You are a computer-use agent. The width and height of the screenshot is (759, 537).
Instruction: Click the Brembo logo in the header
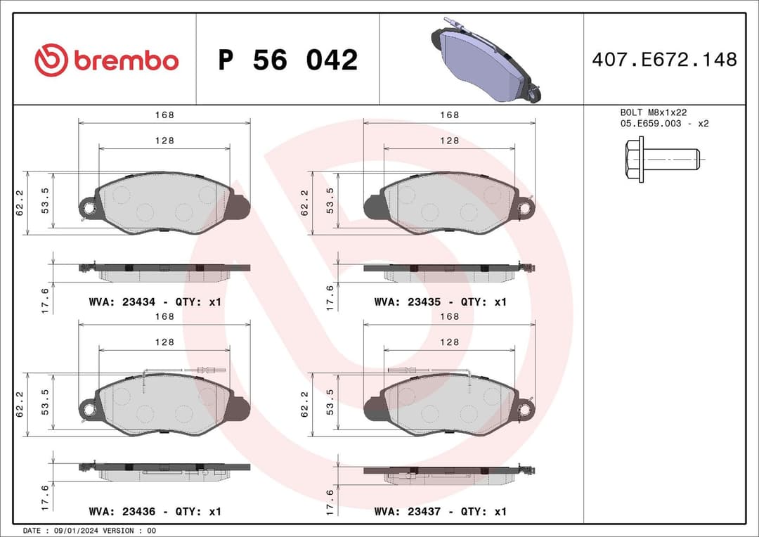(107, 60)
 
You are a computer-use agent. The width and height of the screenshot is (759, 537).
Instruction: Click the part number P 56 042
(287, 60)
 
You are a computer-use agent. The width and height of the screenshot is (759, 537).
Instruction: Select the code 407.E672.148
(664, 60)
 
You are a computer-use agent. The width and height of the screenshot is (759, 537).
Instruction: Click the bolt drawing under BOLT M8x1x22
(661, 160)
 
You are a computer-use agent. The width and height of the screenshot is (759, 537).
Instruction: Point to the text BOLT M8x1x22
(653, 112)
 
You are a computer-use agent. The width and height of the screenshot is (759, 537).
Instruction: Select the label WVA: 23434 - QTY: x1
(155, 302)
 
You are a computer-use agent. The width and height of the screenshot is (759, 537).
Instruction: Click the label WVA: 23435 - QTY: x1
(440, 302)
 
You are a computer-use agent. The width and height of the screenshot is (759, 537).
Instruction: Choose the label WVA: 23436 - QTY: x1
(155, 511)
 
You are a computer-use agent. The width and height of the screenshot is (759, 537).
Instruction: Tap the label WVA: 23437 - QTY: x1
(440, 511)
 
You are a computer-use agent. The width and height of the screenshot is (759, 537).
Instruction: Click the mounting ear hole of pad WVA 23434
(88, 207)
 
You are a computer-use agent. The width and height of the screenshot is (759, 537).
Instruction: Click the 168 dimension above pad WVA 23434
(164, 115)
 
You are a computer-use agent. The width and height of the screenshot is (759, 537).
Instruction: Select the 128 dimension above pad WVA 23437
(449, 342)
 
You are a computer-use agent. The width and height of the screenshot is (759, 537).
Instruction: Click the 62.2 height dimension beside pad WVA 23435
(304, 202)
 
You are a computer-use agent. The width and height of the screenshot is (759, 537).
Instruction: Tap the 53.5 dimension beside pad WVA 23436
(45, 402)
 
